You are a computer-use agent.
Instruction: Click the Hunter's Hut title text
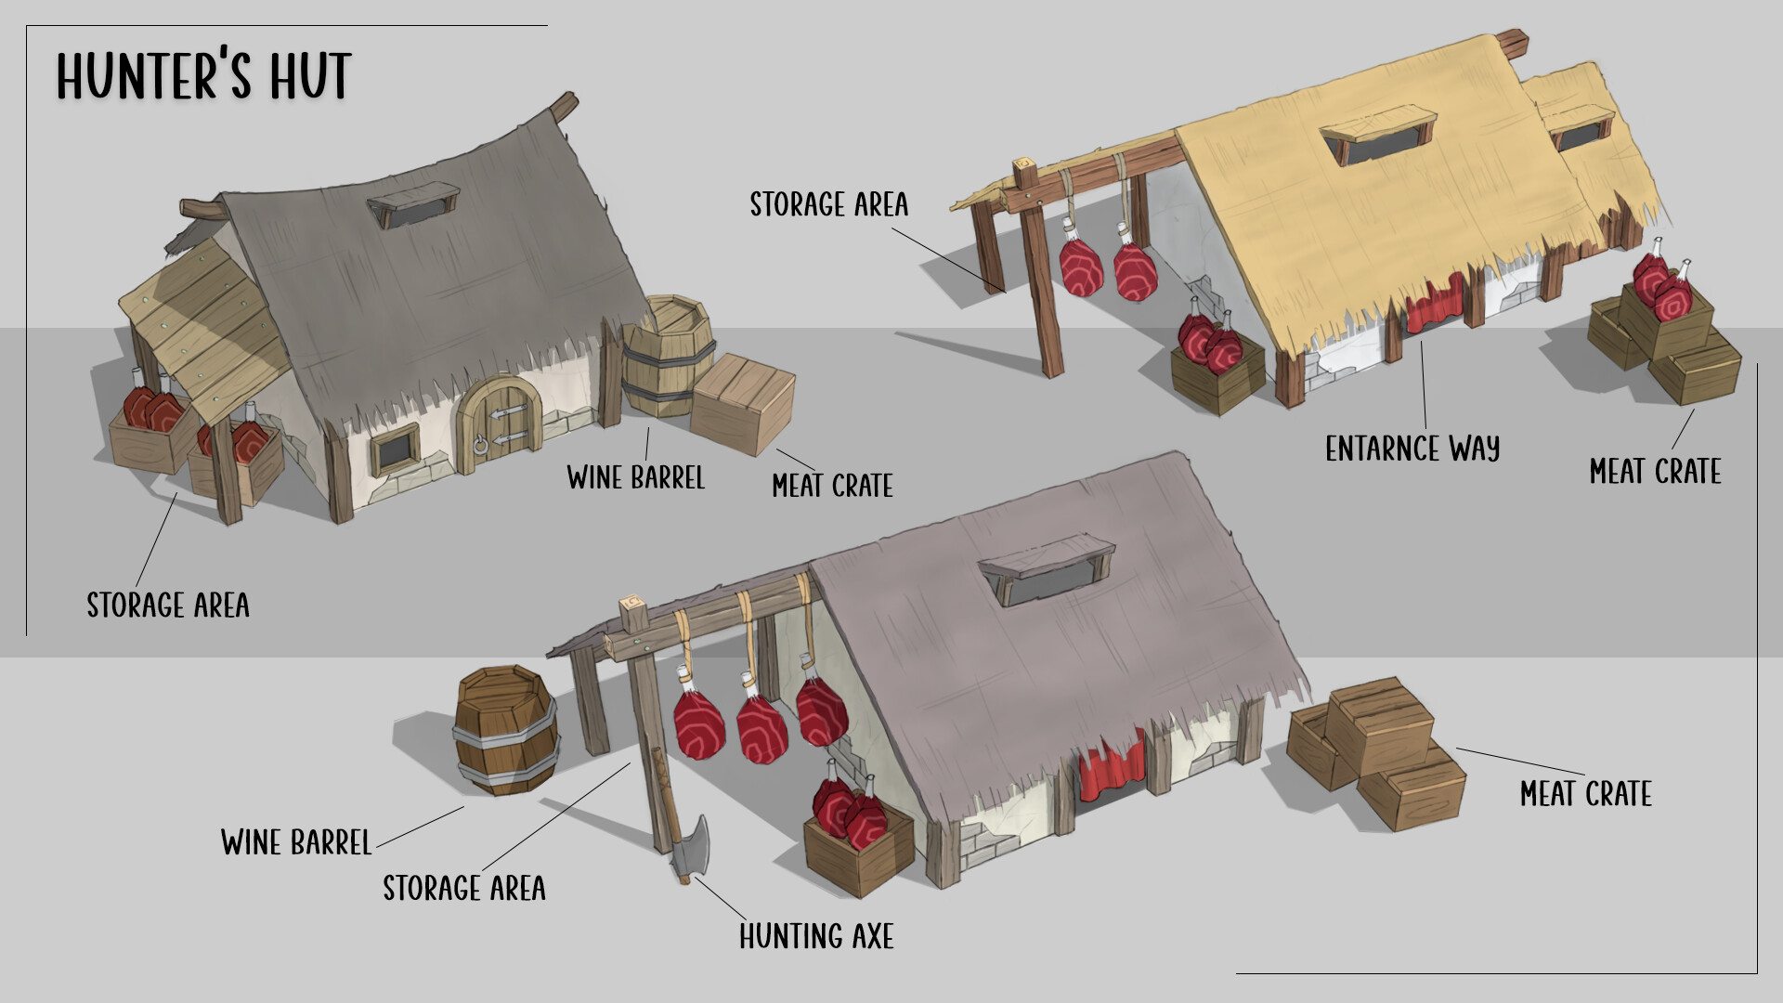tap(203, 75)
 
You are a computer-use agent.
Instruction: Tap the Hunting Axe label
tap(816, 936)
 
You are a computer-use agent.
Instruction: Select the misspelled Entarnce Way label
tap(1412, 449)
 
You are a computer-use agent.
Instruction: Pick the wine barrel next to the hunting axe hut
tap(506, 730)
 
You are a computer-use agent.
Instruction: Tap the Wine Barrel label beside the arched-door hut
tap(636, 478)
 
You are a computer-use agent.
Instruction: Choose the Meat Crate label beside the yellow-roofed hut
tap(1655, 472)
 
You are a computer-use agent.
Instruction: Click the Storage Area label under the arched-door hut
tap(168, 606)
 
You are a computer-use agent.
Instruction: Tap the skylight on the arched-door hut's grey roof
tap(411, 206)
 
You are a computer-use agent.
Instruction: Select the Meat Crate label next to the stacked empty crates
tap(1586, 794)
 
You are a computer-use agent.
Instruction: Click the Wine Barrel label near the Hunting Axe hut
tap(296, 842)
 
